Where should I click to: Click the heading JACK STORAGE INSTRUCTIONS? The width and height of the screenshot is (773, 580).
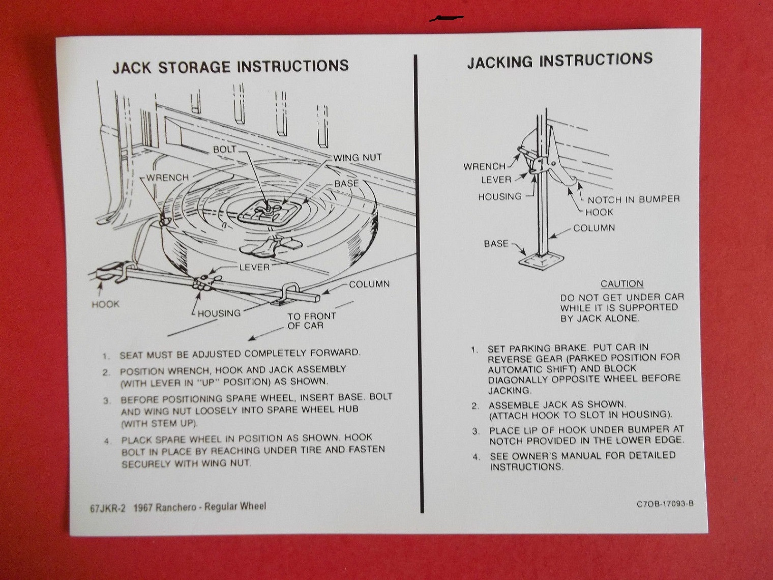(231, 67)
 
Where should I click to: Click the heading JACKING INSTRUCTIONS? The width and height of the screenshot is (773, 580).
(560, 60)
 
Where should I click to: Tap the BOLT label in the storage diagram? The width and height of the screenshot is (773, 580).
(224, 149)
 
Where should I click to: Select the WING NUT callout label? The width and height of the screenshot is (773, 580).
(358, 157)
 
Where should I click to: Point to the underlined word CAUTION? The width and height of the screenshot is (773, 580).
(622, 284)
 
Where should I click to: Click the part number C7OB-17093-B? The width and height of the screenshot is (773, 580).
(665, 504)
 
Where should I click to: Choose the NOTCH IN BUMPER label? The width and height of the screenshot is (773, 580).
(634, 199)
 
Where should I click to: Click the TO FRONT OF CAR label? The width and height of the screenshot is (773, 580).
(311, 321)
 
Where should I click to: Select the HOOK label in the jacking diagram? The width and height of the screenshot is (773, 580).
(599, 212)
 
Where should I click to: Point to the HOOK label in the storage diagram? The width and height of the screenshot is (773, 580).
(105, 304)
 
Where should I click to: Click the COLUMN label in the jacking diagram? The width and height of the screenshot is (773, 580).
(594, 228)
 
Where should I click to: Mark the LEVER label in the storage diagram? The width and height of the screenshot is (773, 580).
(254, 267)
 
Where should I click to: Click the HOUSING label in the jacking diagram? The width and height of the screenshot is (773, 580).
(500, 196)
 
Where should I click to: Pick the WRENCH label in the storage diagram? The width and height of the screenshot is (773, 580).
(168, 178)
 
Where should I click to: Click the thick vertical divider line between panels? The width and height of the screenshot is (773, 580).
(419, 283)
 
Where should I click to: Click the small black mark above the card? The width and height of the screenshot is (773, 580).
(446, 18)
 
